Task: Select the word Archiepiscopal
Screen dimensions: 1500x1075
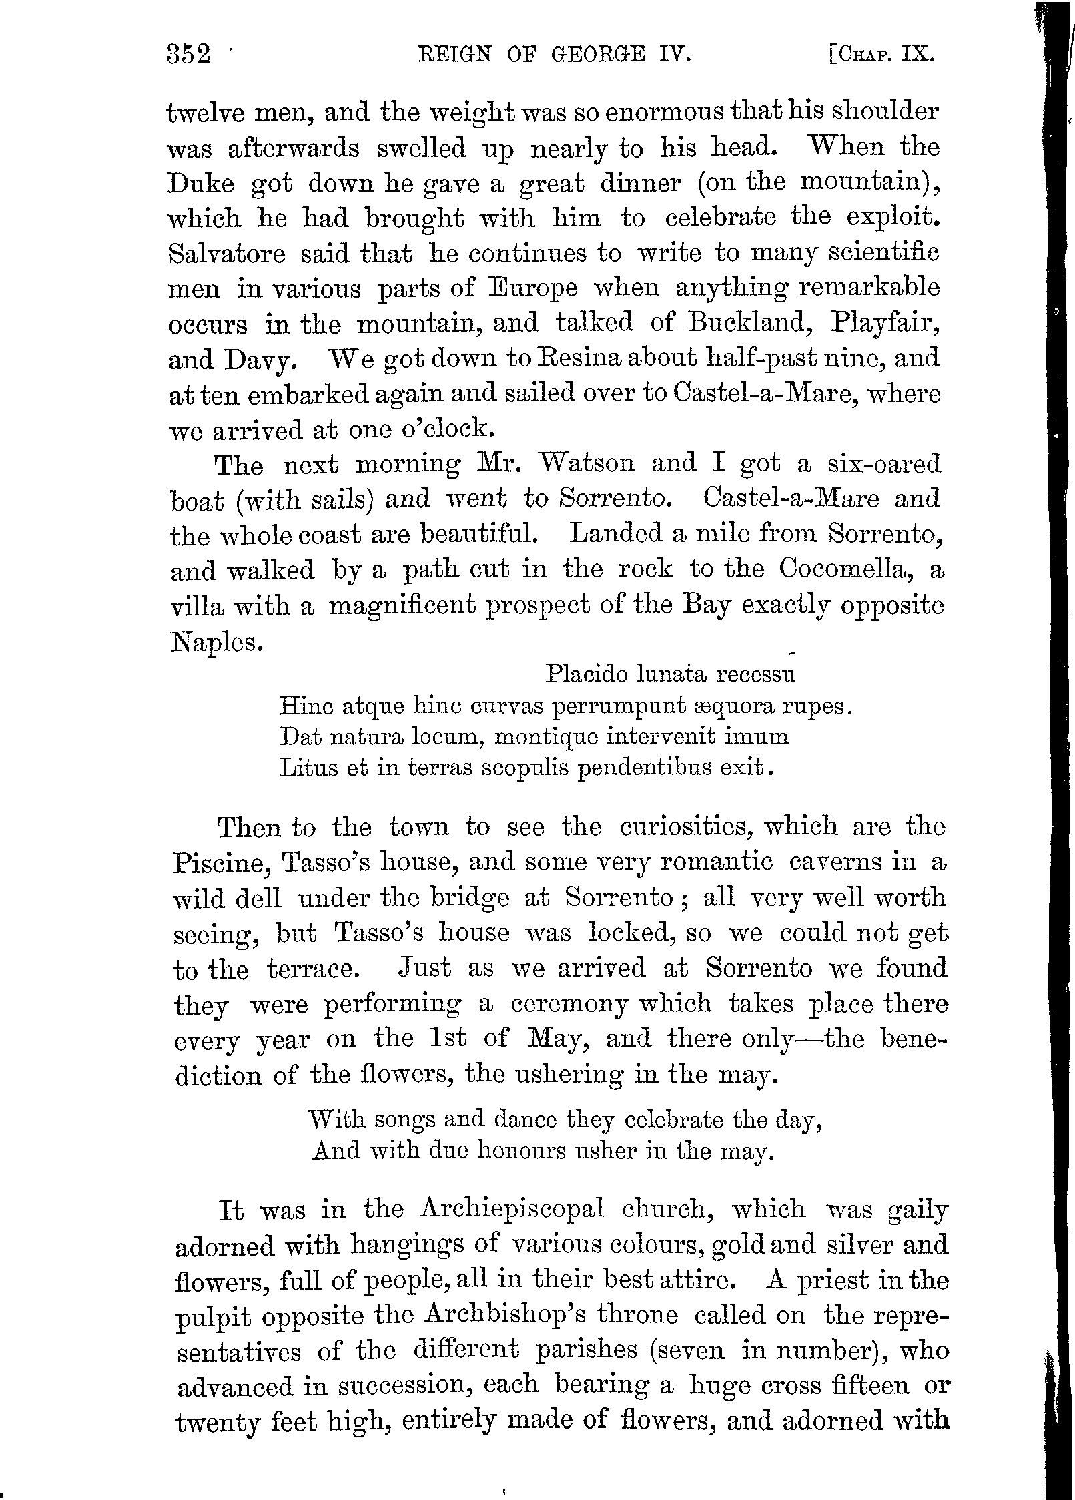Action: (512, 1209)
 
